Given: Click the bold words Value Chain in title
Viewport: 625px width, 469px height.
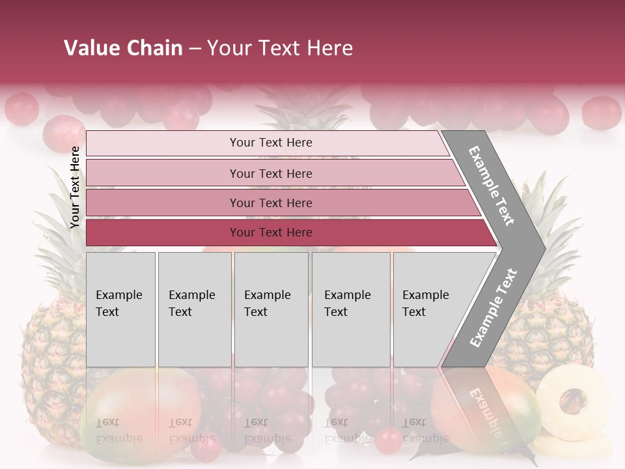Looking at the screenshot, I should click(x=123, y=48).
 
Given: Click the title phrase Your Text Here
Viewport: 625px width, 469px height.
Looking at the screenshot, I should click(x=280, y=48).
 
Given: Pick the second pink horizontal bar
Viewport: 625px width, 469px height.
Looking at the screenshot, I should click(x=270, y=173).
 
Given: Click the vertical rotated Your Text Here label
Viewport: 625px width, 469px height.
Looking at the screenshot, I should click(x=75, y=187).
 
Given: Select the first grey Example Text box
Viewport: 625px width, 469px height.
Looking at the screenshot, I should click(x=120, y=309).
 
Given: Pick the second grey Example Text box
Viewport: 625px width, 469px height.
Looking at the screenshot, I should click(x=194, y=309).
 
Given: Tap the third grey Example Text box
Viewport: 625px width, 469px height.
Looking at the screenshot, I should click(x=270, y=309).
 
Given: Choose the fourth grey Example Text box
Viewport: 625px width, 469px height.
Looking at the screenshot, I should click(x=350, y=309).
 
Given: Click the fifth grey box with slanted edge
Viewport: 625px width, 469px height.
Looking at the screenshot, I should click(x=430, y=309).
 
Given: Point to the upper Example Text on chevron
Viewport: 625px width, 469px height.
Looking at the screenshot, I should click(x=492, y=186).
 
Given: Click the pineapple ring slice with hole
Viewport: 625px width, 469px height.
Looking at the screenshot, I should click(x=574, y=404).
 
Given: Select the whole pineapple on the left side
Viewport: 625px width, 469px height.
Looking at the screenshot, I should click(x=52, y=352).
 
